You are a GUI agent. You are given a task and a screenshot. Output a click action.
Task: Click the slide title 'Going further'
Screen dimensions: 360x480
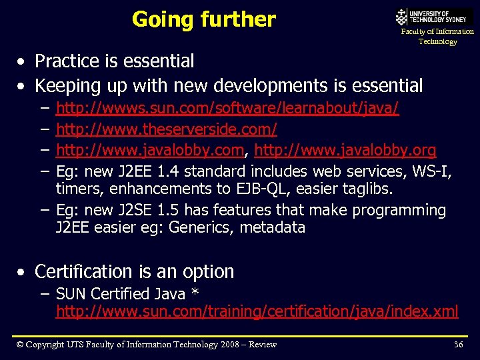[203, 19]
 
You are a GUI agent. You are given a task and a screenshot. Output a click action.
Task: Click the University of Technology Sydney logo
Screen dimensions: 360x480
[433, 16]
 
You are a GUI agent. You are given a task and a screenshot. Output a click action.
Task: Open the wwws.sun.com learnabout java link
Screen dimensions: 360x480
[227, 108]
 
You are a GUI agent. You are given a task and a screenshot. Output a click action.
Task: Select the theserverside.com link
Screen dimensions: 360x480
[166, 129]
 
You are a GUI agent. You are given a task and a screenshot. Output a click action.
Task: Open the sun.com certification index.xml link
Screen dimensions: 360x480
[257, 311]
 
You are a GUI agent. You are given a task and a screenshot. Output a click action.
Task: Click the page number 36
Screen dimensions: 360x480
[458, 344]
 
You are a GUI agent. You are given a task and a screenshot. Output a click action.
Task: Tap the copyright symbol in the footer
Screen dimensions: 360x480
[21, 344]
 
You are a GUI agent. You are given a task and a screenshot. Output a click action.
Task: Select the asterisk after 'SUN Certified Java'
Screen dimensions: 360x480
[195, 293]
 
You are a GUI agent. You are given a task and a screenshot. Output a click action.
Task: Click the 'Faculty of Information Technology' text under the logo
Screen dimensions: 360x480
[437, 36]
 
